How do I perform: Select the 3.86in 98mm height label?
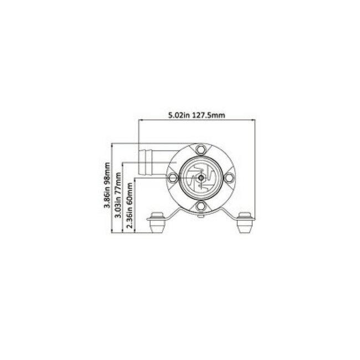[x=107, y=189]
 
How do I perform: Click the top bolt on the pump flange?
[x=200, y=149]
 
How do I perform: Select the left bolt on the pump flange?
[x=172, y=178]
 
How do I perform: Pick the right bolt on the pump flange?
[x=229, y=178]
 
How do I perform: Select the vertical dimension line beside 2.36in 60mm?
[x=135, y=208]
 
